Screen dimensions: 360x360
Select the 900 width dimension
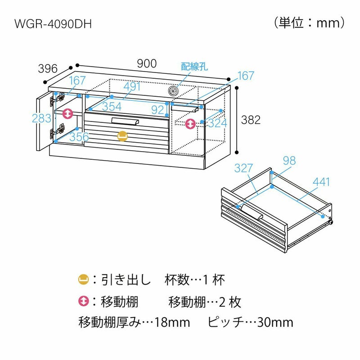pos(147,64)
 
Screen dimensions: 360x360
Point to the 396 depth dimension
pos(48,69)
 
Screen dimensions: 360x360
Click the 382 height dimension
pos(251,120)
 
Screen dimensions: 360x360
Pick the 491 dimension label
pos(132,86)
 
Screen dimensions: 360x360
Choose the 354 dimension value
pos(112,107)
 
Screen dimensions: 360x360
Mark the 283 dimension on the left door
pos(42,119)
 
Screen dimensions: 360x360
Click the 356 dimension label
pos(79,137)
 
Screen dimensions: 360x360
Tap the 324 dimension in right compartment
pos(217,123)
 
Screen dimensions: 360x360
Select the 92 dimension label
pos(157,109)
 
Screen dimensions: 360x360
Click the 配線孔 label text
pos(194,67)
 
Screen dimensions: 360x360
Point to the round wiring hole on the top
pos(174,91)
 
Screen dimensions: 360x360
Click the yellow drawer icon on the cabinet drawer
pos(122,136)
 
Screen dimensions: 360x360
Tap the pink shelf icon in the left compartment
pos(67,113)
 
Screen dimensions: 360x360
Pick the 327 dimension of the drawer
pos(244,168)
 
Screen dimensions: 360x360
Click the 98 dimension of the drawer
pos(289,160)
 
